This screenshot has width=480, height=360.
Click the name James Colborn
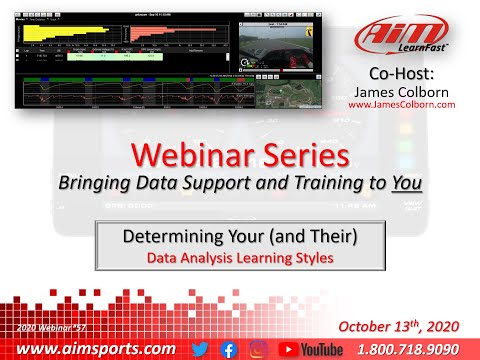point(402,91)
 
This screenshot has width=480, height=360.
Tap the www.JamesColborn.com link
point(402,104)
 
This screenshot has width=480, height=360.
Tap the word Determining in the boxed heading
point(170,238)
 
